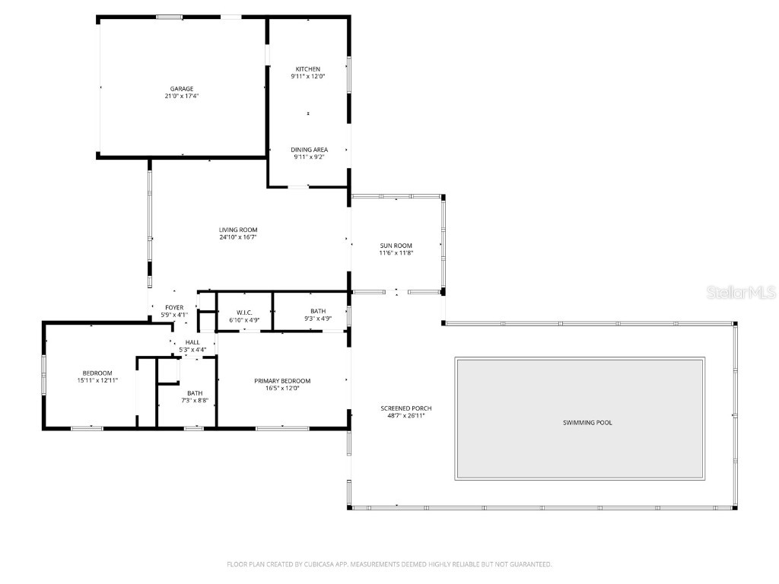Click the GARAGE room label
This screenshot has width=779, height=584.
tap(181, 89)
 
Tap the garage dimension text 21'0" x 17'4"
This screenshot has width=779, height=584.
tap(181, 97)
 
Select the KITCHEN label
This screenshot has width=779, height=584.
tap(308, 69)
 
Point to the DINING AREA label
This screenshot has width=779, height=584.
tap(309, 150)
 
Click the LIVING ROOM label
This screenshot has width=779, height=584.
tap(238, 230)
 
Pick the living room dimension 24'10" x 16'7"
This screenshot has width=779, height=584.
tap(238, 237)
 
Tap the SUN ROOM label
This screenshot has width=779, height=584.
tap(396, 246)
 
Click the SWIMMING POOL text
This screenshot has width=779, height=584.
tap(587, 423)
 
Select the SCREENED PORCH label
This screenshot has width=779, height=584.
tap(406, 408)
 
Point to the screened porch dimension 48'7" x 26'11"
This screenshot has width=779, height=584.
tap(406, 416)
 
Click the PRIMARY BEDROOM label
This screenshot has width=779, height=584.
tap(282, 381)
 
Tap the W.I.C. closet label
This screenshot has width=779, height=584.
tap(244, 313)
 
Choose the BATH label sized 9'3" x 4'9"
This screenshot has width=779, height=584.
tap(318, 312)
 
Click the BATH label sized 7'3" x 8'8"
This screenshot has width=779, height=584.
tap(195, 393)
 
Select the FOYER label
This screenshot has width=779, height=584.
tap(174, 307)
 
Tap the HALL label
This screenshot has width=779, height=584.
tap(192, 342)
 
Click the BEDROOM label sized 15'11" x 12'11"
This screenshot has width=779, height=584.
tap(97, 373)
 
